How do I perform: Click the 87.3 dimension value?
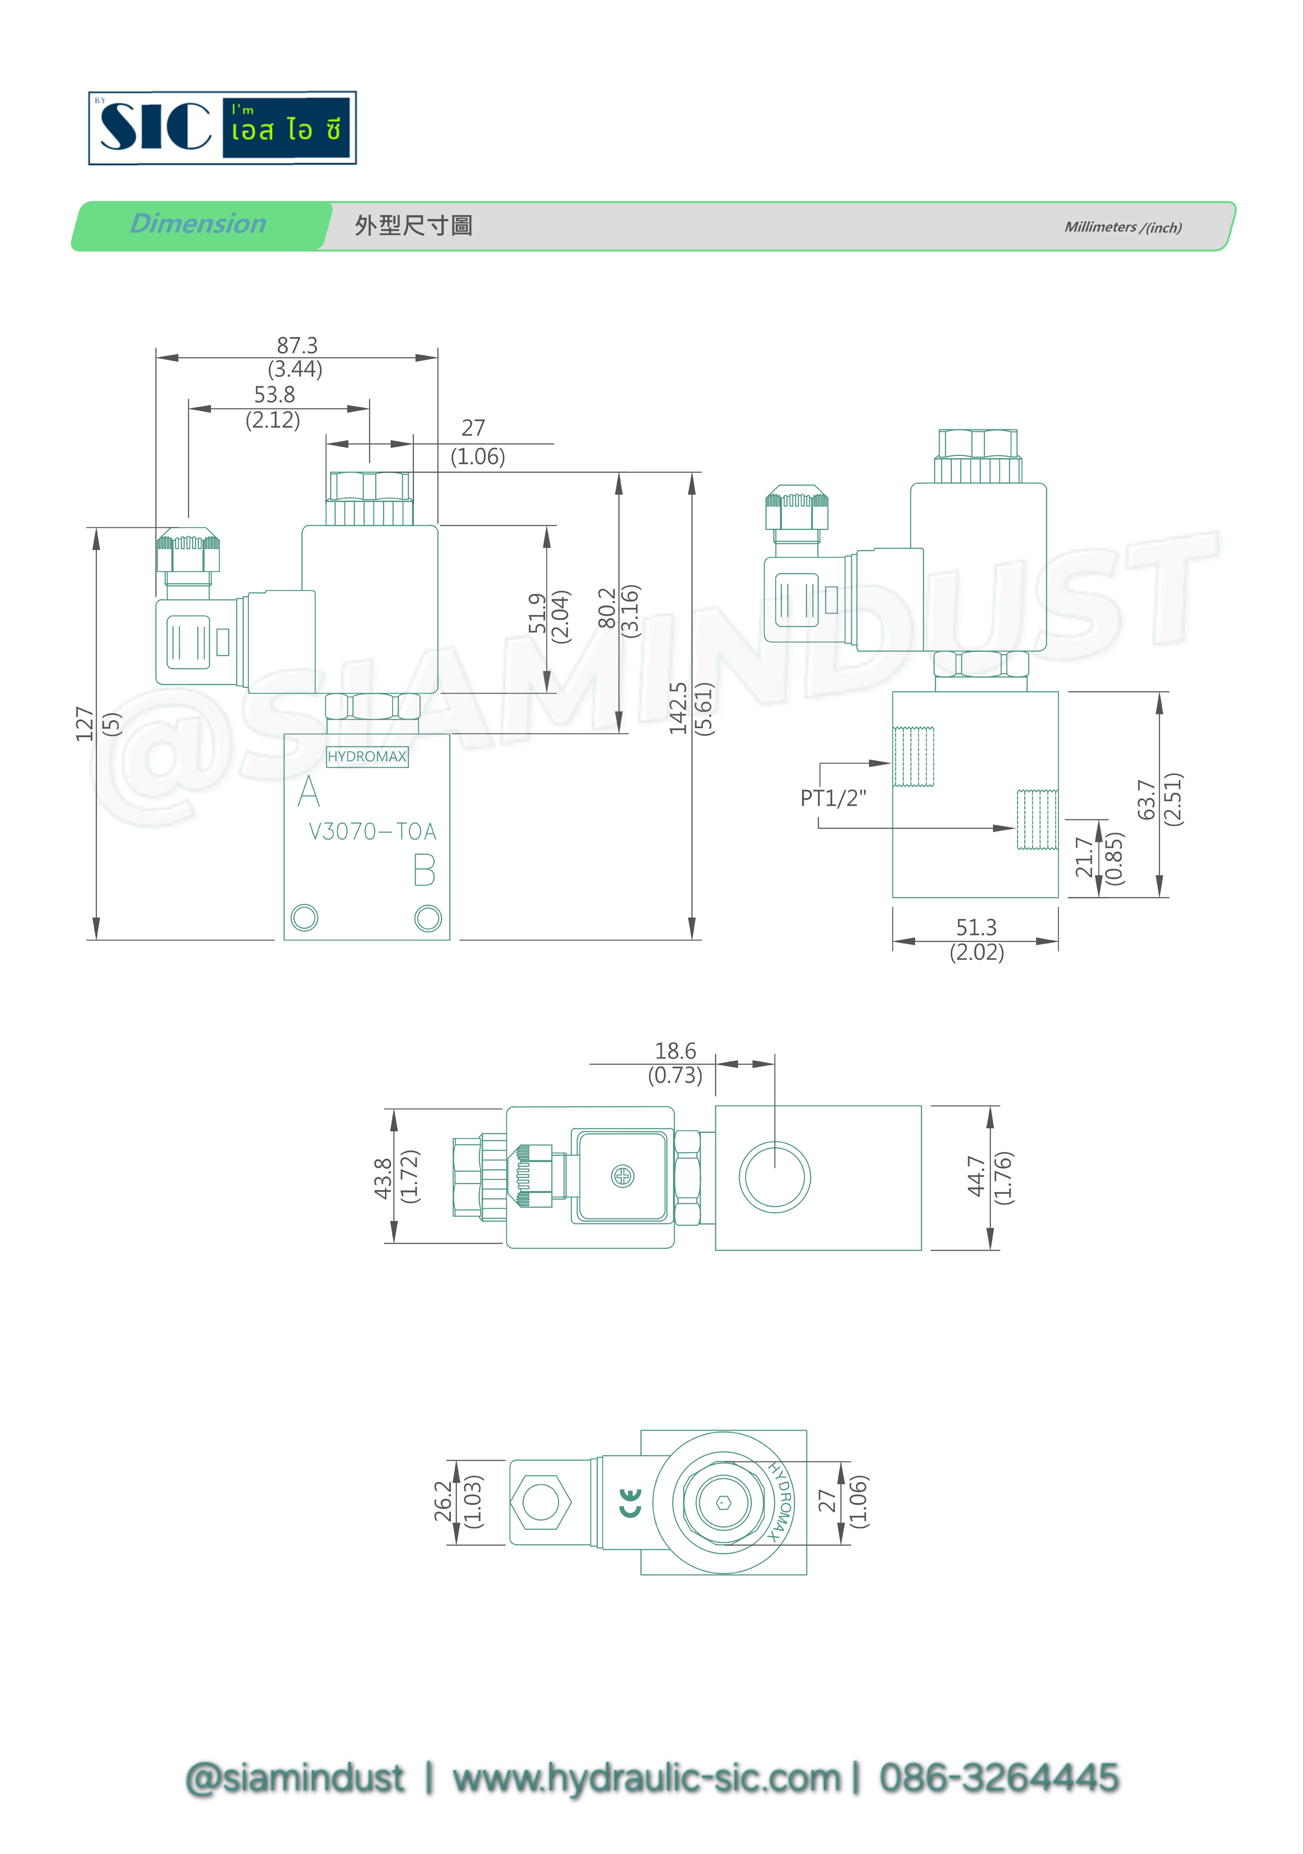297,346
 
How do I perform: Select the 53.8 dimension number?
275,395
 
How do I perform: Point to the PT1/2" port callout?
833,799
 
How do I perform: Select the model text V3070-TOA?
372,832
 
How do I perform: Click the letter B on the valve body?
425,871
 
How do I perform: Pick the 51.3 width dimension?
976,927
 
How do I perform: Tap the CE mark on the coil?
630,1503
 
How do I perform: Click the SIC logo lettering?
155,127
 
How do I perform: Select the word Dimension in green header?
198,224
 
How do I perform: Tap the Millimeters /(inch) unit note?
1122,227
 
